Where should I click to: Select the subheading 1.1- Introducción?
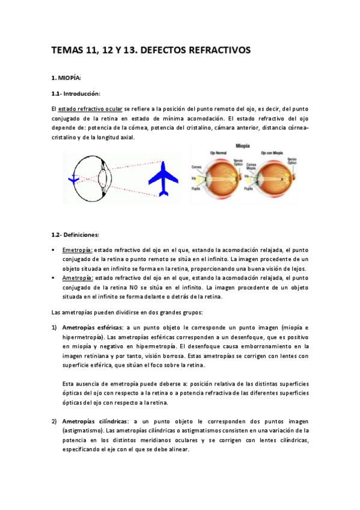[x=76, y=94]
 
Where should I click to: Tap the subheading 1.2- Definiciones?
[x=75, y=235]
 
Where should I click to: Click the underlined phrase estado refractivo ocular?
[x=90, y=109]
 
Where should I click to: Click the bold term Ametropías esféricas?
[x=92, y=327]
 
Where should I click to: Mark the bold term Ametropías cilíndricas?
[x=95, y=421]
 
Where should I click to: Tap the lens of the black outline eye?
[x=103, y=178]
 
